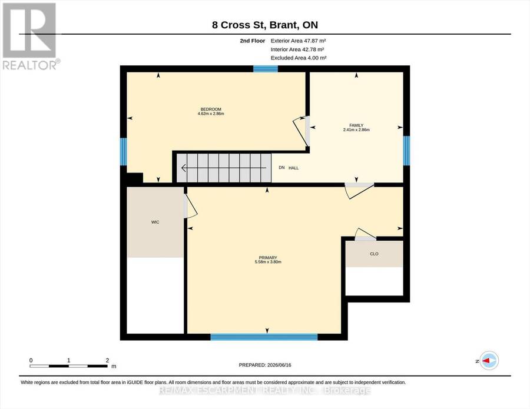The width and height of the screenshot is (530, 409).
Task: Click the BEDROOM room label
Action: pos(211,109)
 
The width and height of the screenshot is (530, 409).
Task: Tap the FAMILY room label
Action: pos(356,125)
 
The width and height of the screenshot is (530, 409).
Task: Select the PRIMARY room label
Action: pos(268,258)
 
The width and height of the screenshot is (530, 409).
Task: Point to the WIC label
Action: pos(155,222)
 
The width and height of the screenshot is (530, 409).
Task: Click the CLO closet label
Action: pos(374,254)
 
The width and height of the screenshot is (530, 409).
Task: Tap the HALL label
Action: pos(293,168)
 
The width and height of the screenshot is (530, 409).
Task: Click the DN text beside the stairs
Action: pos(281,168)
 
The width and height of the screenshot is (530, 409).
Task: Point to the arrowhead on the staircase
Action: pos(184,168)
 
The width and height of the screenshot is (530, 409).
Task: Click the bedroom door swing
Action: pos(300,131)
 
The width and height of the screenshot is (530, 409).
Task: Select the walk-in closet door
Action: pos(190,206)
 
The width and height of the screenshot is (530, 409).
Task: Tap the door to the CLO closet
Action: pos(365,235)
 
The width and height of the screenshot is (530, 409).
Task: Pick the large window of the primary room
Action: pos(264,337)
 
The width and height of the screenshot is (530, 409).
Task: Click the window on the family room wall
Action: pos(406,151)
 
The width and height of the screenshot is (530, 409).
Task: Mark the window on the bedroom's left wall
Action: pos(124,152)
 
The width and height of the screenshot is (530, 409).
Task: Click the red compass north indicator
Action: pos(486,361)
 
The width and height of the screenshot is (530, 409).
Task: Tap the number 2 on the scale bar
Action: pos(108,360)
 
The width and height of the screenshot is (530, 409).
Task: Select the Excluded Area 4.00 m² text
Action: pos(299,58)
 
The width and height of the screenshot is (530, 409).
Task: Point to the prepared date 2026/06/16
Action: pos(279,365)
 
